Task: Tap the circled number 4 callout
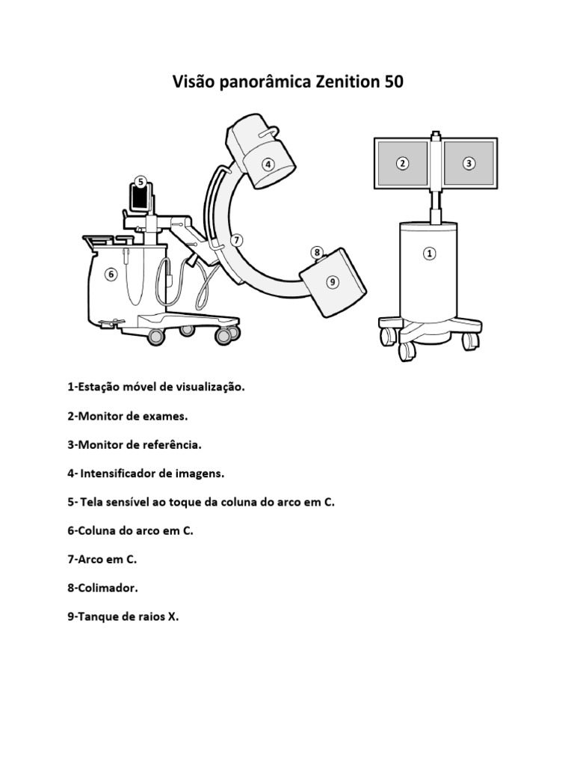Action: tap(268, 164)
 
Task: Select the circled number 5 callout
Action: tap(141, 182)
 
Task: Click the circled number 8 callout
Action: tap(317, 253)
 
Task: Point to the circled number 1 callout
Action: tap(429, 254)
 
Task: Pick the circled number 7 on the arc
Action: tap(236, 240)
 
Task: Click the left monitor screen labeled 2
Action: tap(402, 164)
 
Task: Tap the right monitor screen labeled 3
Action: tap(469, 164)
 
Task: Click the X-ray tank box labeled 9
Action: tap(333, 281)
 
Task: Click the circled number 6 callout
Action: tap(111, 274)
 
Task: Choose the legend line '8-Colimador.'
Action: tap(102, 588)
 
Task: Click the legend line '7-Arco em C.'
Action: tap(102, 559)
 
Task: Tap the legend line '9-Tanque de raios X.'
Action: tap(123, 616)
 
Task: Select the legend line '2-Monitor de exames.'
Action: tap(127, 416)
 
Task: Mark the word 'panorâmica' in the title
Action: tap(260, 82)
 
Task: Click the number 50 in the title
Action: tap(394, 82)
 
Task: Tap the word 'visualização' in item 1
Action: tap(210, 387)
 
